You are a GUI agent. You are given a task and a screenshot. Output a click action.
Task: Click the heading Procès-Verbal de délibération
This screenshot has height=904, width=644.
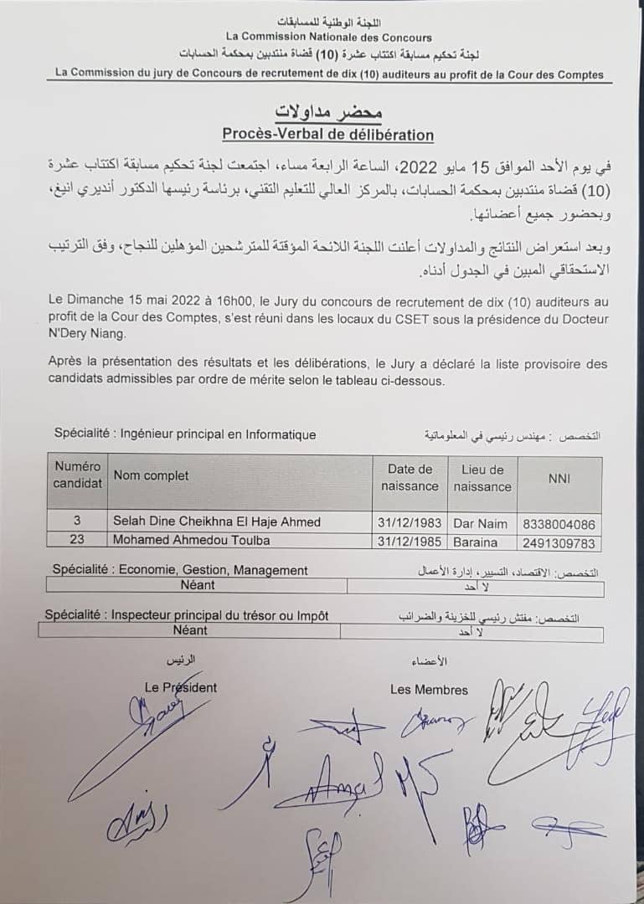click(x=327, y=134)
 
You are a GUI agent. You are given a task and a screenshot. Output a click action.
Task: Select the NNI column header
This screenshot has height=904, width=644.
click(x=559, y=477)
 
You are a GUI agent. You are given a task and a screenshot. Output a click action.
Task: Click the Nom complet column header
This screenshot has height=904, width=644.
click(x=152, y=475)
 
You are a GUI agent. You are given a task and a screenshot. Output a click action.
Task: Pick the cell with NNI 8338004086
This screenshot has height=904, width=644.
click(x=559, y=524)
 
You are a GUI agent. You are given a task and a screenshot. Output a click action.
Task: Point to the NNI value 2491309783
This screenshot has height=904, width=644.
click(x=559, y=542)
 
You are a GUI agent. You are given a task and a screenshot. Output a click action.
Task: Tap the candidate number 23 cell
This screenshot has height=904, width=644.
click(x=76, y=541)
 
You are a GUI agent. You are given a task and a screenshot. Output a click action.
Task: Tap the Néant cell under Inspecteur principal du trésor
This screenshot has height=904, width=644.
click(x=190, y=629)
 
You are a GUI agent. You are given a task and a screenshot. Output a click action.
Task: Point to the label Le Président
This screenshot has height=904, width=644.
click(x=180, y=687)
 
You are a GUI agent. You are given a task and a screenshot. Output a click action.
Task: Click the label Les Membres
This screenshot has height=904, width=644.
click(x=429, y=690)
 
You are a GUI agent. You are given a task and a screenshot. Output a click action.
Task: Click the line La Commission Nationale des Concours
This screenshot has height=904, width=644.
click(x=328, y=37)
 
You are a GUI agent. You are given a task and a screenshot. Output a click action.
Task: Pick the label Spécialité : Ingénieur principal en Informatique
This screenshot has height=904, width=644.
click(x=185, y=434)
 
